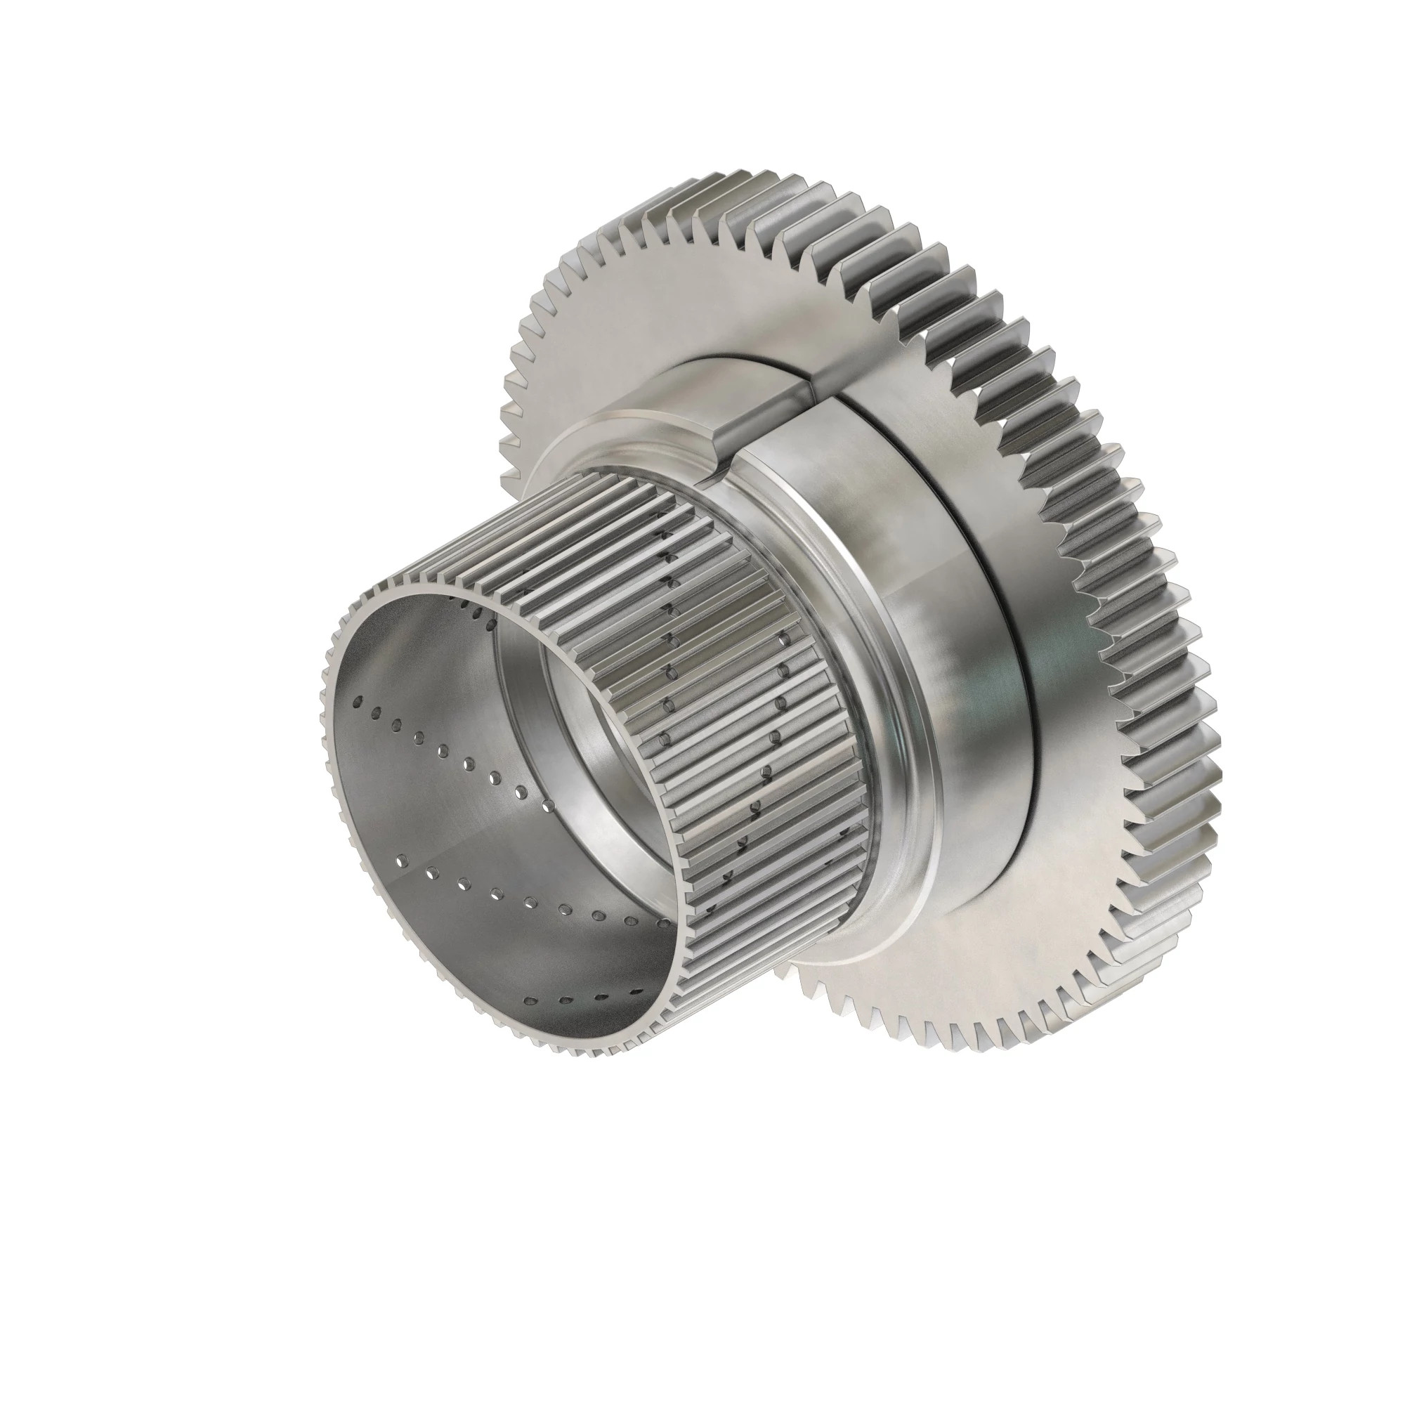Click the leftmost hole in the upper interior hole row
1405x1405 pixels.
[358, 701]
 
